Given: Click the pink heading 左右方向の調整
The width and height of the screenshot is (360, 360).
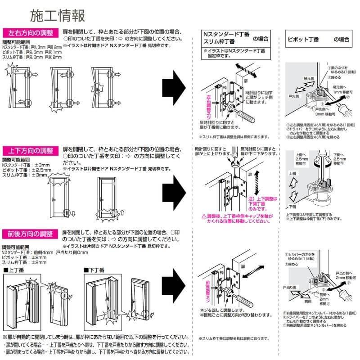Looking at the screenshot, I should click(31, 32).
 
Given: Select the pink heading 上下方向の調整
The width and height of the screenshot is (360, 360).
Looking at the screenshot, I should click(31, 150).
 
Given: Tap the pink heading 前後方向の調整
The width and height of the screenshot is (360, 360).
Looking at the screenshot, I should click(31, 234).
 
